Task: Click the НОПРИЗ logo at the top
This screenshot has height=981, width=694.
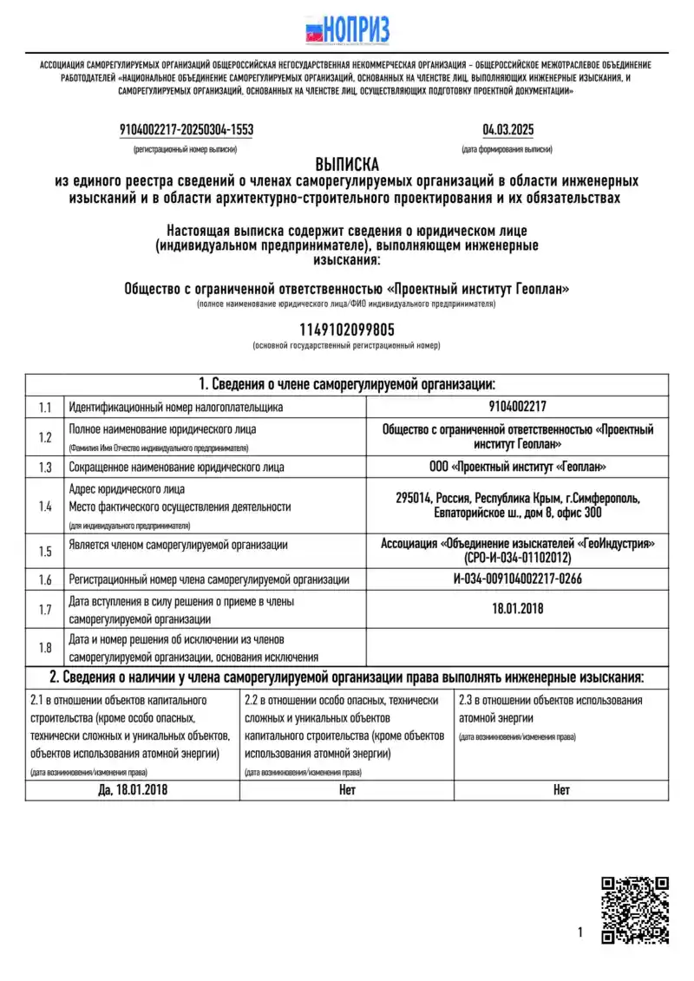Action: [x=347, y=29]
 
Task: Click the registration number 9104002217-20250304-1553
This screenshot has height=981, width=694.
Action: [x=187, y=130]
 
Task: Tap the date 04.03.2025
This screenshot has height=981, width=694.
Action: [x=507, y=130]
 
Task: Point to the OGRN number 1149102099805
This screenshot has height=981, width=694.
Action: [x=346, y=330]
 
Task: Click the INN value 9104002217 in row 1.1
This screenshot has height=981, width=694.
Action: [x=518, y=406]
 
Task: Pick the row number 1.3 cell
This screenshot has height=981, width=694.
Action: [x=45, y=467]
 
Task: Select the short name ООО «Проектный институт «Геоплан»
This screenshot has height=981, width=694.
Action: [x=518, y=467]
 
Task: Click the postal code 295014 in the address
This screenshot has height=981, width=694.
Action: [x=414, y=498]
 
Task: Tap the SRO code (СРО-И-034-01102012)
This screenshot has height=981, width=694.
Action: [x=518, y=559]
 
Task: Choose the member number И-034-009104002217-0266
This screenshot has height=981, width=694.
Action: [x=518, y=579]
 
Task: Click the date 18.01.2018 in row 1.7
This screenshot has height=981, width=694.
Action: [x=518, y=609]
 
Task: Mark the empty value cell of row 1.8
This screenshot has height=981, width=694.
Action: [x=518, y=646]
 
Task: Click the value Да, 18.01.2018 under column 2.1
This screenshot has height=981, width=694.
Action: [x=132, y=789]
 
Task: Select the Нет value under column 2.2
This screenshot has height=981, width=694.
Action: [x=347, y=789]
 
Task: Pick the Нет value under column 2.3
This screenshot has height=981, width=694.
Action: [x=561, y=789]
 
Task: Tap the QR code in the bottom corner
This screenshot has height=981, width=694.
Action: [x=635, y=910]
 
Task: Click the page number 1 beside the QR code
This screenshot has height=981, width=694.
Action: [x=579, y=932]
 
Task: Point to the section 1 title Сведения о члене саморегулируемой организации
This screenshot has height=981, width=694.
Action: [x=347, y=384]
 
